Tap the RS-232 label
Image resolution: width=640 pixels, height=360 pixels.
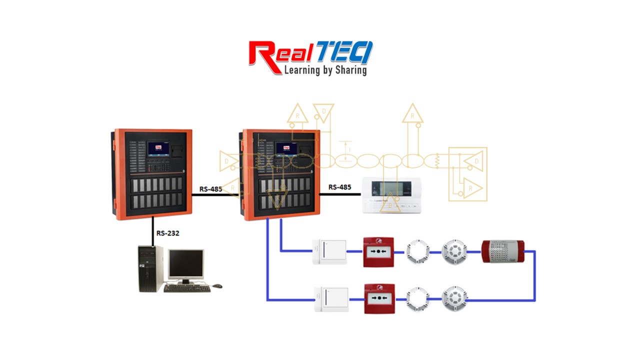pos(168,233)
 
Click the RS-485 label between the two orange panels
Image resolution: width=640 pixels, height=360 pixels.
pos(210,188)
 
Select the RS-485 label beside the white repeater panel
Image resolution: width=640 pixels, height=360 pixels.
pos(339,187)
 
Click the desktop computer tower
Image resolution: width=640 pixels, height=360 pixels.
pos(150,268)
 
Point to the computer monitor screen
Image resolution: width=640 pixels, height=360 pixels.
pos(185,264)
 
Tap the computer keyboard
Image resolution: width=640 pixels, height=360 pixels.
pos(185,288)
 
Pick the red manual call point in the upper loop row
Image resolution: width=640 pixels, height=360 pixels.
pos(378,252)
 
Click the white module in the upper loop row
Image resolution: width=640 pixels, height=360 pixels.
pos(329,252)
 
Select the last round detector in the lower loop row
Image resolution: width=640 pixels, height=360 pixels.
pos(454,299)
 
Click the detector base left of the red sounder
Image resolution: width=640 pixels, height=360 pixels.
pos(454,251)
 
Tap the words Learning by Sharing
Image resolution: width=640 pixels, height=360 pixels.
pos(325,70)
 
